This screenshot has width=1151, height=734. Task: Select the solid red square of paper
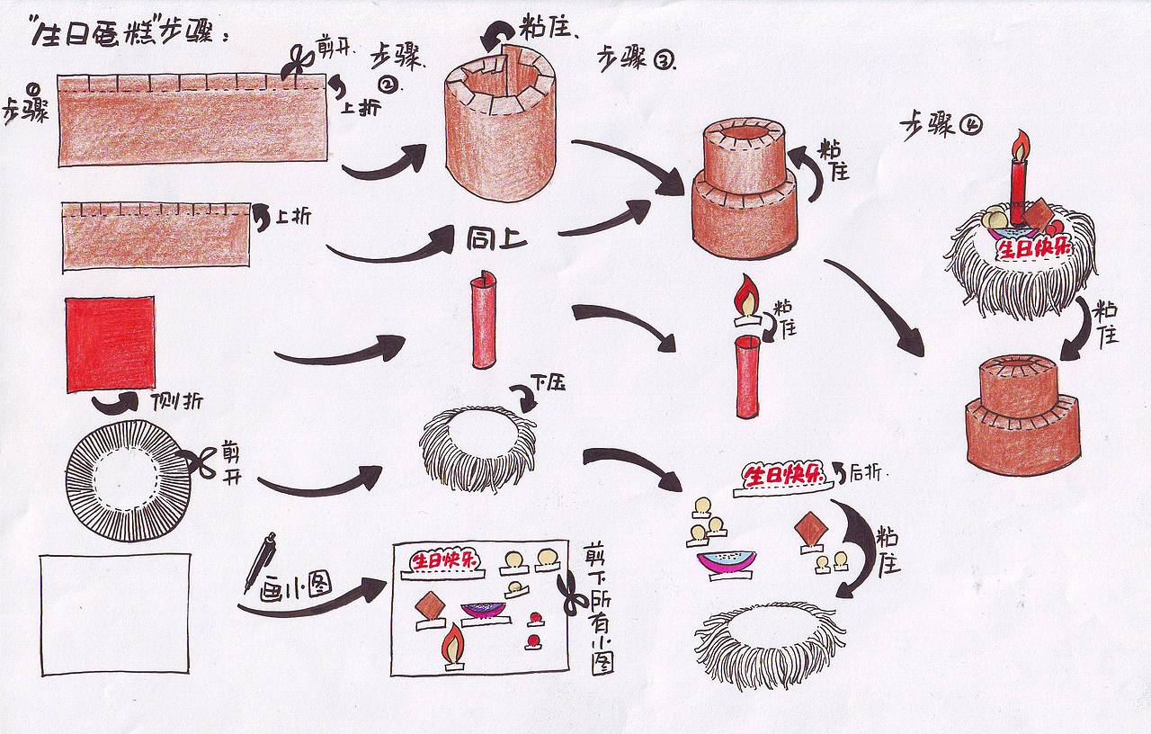point(110,345)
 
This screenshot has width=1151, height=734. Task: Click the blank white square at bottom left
point(115,613)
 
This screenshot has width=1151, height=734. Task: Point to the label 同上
point(495,240)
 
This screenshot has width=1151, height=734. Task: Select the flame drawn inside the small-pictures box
point(453,644)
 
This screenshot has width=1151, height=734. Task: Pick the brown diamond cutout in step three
point(811,530)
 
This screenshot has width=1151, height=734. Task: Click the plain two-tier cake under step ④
point(1023,414)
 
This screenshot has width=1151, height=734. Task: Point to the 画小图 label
point(295,588)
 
